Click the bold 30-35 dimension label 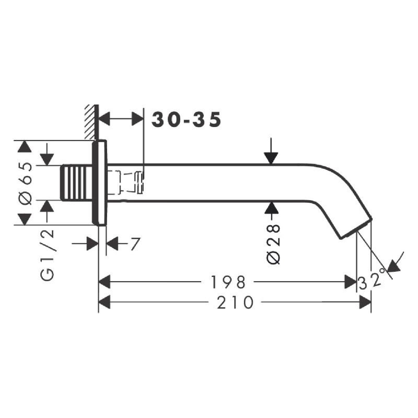187,120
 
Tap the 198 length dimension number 228,282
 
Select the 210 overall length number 235,303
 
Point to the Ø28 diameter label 274,244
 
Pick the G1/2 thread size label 48,256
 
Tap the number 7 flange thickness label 135,243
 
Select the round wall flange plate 99,182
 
